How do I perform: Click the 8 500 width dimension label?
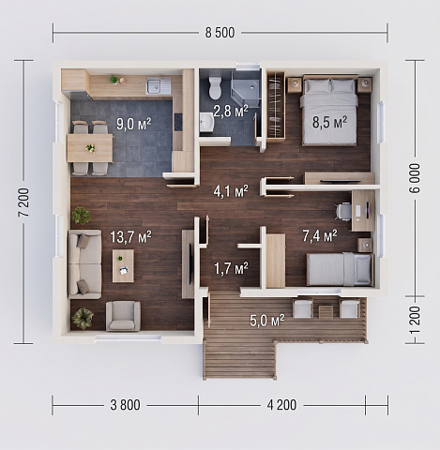(220, 33)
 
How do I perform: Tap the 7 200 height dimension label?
(23, 202)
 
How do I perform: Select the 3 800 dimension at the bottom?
(125, 405)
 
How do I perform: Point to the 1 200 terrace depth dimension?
(416, 320)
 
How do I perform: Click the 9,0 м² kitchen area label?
(134, 124)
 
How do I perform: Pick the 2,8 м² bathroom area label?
(231, 111)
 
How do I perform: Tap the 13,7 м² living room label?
(130, 237)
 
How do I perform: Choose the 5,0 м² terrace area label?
(267, 320)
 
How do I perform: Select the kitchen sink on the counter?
(158, 85)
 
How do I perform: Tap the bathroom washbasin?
(206, 122)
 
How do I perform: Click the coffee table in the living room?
(123, 265)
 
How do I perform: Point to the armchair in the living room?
(123, 316)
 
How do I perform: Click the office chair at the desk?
(343, 212)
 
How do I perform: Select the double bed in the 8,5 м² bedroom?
(329, 111)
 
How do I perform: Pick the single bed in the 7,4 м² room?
(340, 269)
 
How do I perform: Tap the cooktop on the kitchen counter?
(178, 122)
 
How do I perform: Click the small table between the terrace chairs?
(326, 311)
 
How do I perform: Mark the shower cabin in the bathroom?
(245, 90)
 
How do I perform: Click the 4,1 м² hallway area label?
(231, 191)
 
